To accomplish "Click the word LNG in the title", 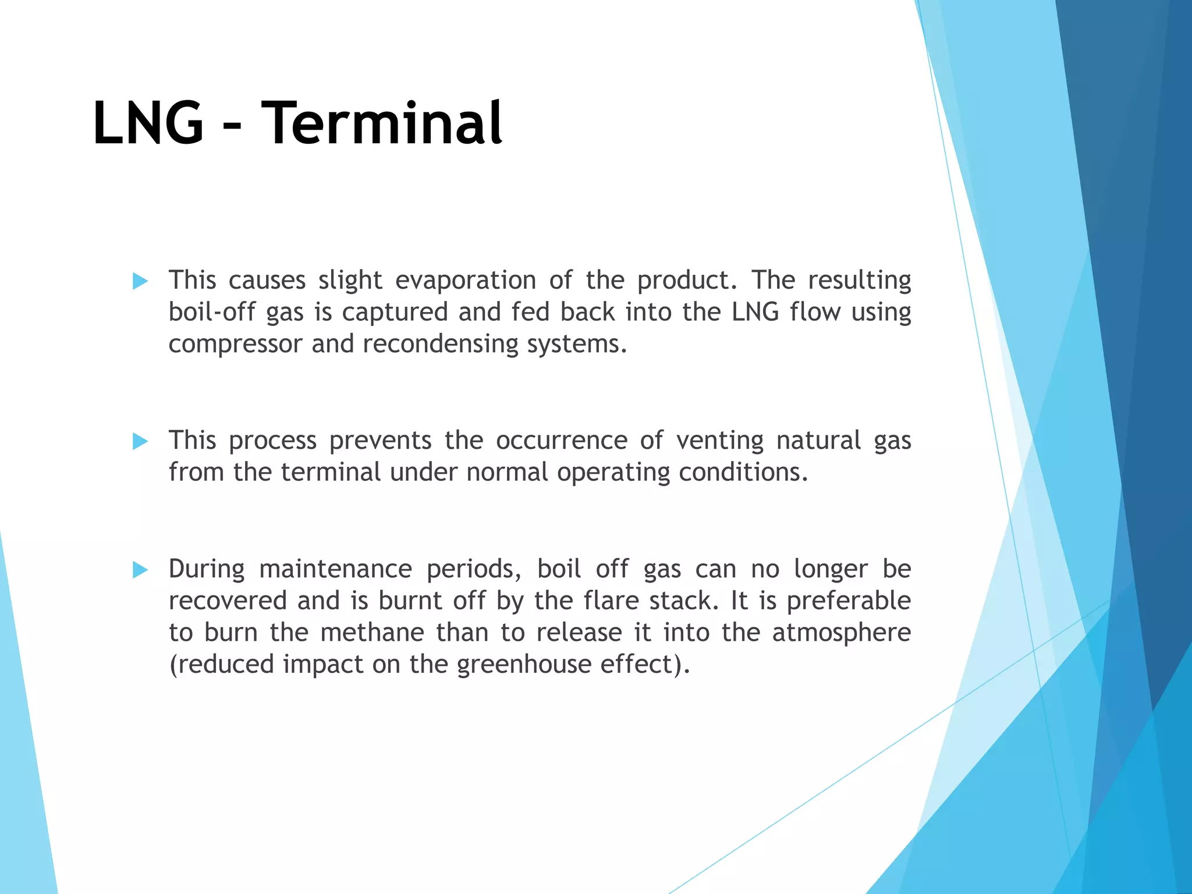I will point(148,123).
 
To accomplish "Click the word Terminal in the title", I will point(381,123).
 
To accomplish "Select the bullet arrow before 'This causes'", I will point(140,282).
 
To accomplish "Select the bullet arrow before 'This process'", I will point(140,442).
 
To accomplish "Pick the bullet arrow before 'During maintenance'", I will point(140,570).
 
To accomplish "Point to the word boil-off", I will point(212,313).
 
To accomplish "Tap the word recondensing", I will point(440,345).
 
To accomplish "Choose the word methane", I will point(372,633).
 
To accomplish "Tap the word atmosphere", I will point(841,633).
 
